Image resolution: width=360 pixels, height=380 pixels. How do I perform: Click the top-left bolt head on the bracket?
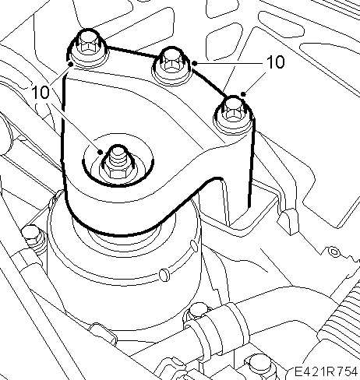coord(87,43)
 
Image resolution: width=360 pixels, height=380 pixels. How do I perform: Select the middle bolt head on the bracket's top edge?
coord(171,61)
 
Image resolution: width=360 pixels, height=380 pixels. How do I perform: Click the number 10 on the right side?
coord(276,62)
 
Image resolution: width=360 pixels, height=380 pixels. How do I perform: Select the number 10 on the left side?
coord(41,92)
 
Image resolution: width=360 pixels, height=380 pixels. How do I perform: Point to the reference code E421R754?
coord(326,371)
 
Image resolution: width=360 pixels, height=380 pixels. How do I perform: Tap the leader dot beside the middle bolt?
coord(195,63)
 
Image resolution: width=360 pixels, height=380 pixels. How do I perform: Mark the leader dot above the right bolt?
coord(243,94)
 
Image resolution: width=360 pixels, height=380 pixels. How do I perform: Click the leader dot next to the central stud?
coord(100,152)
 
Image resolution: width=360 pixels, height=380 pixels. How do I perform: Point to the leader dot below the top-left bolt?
coord(69,64)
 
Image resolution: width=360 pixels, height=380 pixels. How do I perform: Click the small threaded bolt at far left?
coord(32,236)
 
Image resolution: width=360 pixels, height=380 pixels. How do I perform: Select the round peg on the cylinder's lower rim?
coord(164,275)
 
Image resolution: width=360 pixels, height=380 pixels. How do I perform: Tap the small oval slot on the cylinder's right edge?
coord(194,245)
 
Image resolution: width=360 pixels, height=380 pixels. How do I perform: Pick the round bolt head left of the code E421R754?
coord(260,365)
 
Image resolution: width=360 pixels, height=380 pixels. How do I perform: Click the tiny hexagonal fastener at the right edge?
coord(334,251)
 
